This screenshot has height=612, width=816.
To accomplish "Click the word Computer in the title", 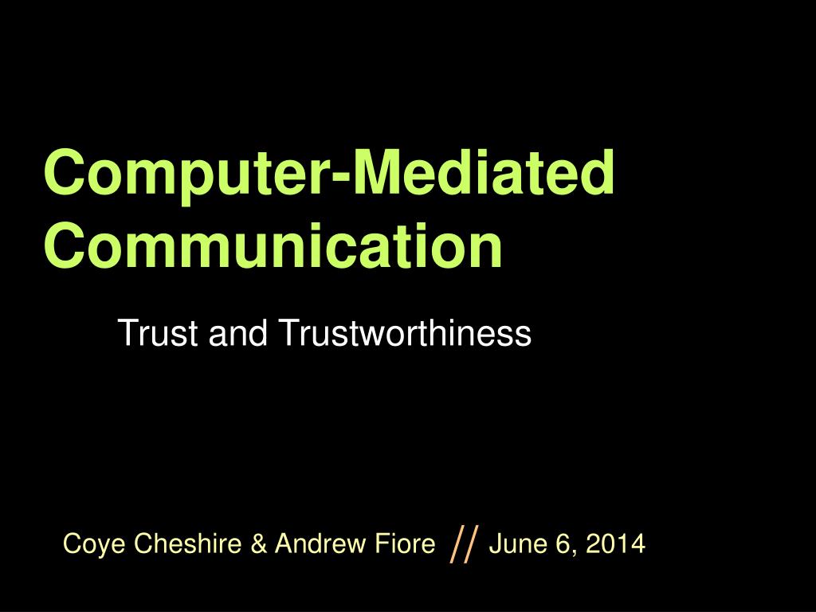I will click(x=186, y=173).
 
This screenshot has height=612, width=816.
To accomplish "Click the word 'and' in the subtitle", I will click(x=236, y=333).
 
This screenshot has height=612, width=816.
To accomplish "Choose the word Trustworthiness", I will click(x=404, y=333).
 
